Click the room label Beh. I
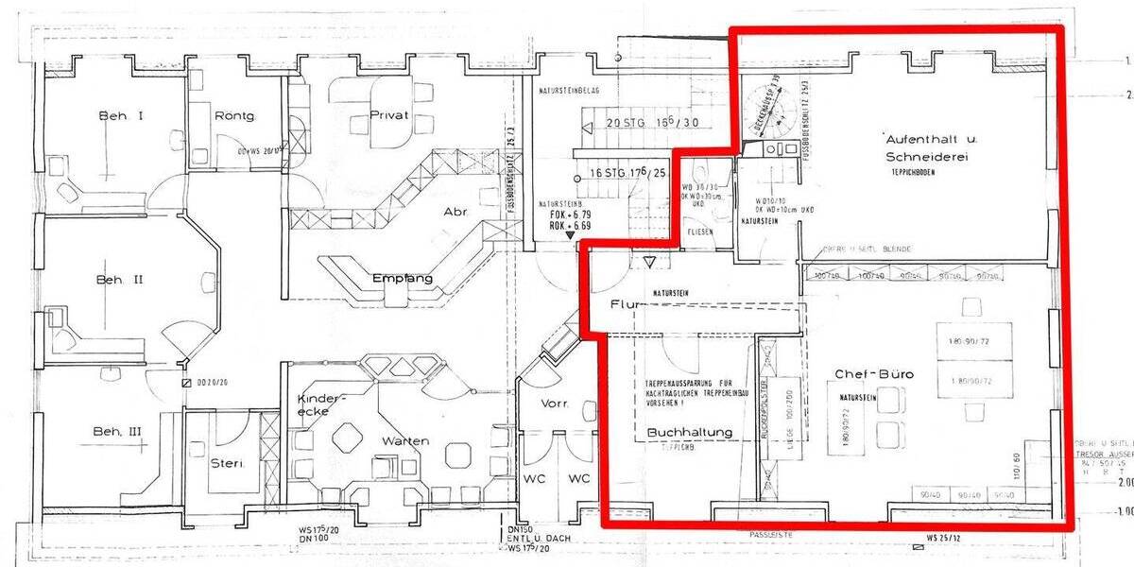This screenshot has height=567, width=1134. pos(121,116)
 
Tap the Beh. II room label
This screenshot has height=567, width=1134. pos(119,280)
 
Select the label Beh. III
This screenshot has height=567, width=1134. pos(117,432)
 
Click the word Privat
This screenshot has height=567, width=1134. pos(389,115)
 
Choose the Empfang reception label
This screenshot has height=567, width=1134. pos(403,279)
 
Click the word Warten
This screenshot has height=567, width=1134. pos(405,441)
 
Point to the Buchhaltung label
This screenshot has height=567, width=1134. pos(690,432)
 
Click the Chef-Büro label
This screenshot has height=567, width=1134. pos(874,375)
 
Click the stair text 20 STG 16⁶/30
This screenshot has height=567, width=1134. pos(652,122)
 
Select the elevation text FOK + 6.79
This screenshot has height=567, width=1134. pos(570,215)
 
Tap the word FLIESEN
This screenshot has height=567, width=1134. pos(699,232)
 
